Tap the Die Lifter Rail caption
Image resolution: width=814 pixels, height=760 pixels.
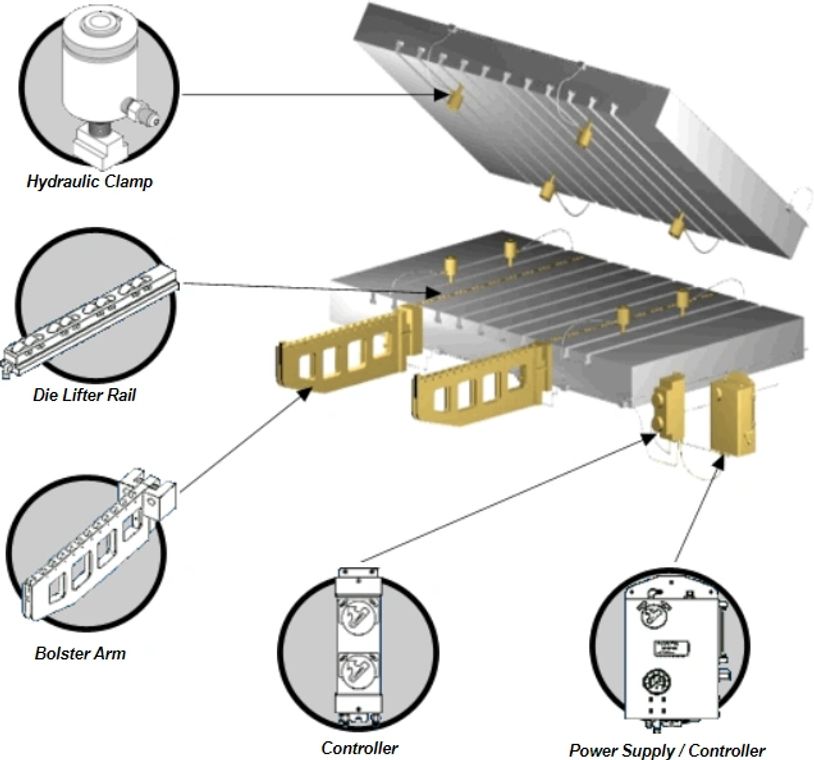click(x=84, y=395)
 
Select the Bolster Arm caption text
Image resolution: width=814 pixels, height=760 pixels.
click(x=80, y=654)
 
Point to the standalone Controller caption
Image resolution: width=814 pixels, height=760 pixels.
click(x=359, y=748)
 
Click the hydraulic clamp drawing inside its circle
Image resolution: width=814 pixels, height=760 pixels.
click(x=100, y=80)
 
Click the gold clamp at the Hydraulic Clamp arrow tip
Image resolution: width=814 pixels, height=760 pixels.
click(x=455, y=97)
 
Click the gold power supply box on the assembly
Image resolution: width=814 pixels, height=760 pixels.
click(x=733, y=412)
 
